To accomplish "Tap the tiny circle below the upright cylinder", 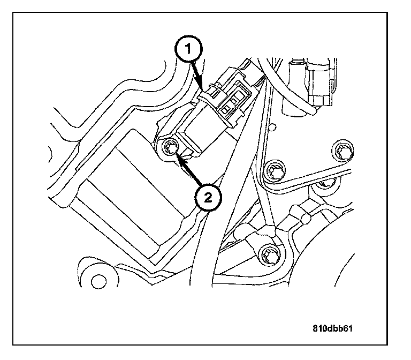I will click(274, 127).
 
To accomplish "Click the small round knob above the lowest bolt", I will click(306, 219).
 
